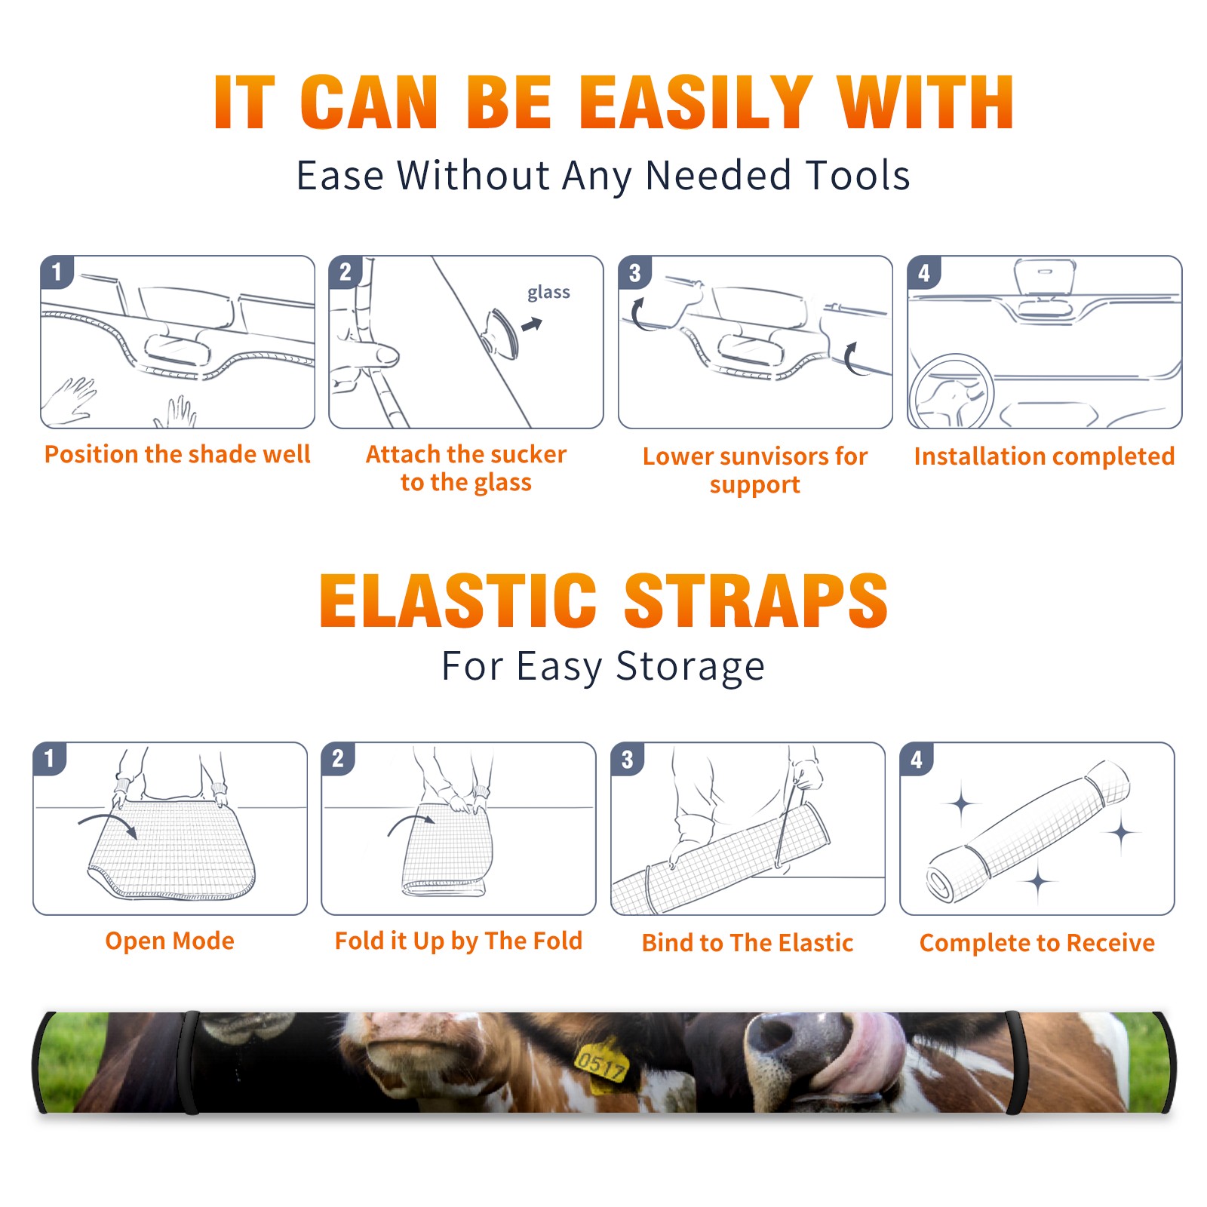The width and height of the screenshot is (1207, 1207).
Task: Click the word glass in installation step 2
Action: click(x=548, y=293)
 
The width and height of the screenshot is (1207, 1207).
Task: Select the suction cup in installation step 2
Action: click(x=502, y=333)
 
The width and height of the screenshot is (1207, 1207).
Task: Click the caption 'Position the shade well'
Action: click(x=177, y=454)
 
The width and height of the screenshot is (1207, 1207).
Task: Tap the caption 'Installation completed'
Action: click(x=1044, y=456)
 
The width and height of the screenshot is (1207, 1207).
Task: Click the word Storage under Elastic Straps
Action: click(x=690, y=667)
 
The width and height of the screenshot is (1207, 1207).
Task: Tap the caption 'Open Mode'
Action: click(x=170, y=941)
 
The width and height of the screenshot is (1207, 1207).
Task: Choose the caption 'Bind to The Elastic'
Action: click(x=747, y=943)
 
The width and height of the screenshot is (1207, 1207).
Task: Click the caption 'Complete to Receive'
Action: click(x=1037, y=943)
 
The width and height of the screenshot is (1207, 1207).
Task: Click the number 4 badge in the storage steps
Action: click(x=917, y=759)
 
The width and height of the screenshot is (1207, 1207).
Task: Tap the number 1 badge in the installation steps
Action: click(x=57, y=272)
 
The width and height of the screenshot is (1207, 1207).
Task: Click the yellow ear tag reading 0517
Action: click(x=600, y=1064)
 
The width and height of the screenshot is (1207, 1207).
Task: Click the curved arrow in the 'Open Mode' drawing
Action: click(x=109, y=821)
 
